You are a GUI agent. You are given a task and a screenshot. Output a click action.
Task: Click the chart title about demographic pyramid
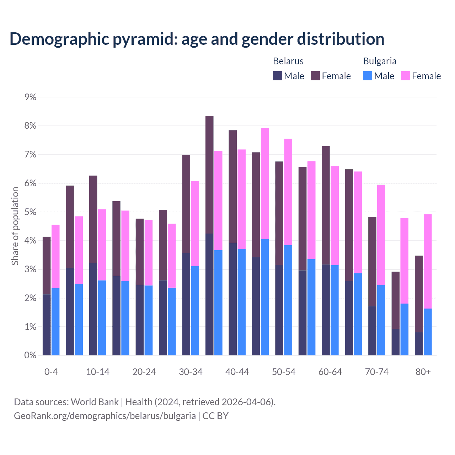click(197, 39)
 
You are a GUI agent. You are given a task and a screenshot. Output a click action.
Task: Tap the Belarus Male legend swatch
click(278, 76)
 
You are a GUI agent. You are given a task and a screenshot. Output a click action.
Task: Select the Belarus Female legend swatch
click(315, 76)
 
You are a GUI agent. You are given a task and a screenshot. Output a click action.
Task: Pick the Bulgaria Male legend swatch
click(368, 76)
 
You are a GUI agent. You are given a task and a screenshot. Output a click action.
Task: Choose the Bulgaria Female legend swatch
click(406, 76)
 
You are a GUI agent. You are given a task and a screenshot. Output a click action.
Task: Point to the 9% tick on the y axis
click(31, 97)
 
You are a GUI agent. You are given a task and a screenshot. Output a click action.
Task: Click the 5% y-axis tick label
click(31, 212)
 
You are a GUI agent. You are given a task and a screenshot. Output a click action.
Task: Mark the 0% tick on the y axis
click(31, 355)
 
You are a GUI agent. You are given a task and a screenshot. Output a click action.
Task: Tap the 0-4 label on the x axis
click(51, 372)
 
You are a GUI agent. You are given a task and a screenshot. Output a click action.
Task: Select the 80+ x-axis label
click(423, 372)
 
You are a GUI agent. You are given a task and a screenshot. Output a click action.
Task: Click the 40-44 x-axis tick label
click(237, 372)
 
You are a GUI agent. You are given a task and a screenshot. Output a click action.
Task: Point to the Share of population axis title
click(15, 226)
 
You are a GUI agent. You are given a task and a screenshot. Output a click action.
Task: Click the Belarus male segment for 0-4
click(47, 325)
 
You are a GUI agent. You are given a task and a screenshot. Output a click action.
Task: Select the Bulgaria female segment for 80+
click(428, 261)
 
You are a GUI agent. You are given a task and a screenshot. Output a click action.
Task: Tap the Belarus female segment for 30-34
click(186, 204)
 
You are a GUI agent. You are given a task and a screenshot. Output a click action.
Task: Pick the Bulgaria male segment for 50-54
click(288, 300)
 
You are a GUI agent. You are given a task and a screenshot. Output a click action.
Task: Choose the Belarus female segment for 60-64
click(326, 205)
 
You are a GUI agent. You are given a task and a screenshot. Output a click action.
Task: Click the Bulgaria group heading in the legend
click(380, 61)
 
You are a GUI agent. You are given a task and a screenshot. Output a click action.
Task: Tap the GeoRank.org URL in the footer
click(105, 416)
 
